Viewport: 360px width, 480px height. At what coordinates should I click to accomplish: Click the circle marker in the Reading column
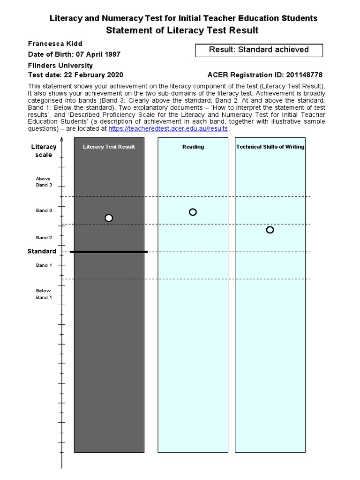193,212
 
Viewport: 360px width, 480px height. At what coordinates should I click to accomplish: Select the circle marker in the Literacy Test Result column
109,218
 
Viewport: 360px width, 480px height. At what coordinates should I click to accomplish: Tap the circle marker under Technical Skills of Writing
270,230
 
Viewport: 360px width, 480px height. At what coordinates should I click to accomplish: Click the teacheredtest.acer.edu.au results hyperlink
168,129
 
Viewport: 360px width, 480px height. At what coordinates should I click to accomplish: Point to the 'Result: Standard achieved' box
259,50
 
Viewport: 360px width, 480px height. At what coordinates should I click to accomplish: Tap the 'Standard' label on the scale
42,251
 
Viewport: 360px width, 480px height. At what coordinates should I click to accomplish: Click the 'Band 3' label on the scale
44,210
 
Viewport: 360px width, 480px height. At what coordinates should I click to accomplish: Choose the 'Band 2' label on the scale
44,238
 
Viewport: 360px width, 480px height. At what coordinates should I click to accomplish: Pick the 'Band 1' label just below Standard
44,265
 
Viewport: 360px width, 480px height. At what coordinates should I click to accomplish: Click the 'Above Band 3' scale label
44,182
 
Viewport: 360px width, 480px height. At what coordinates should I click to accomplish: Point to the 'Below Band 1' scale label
44,294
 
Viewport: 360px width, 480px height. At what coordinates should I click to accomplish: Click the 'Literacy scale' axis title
44,151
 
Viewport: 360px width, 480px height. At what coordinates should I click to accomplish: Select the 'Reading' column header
193,147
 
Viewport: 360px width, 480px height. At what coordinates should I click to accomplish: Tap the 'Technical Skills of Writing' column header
270,147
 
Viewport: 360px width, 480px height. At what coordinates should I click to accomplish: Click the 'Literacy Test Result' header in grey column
109,147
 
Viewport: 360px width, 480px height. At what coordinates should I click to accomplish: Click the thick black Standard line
109,252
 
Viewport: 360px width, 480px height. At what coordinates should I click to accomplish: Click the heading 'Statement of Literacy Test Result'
182,31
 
